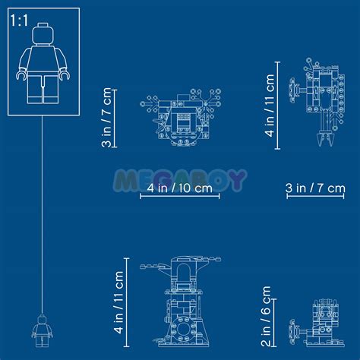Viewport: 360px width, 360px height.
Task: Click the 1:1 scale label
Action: click(x=19, y=21)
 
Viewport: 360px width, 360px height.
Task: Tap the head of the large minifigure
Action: click(x=43, y=34)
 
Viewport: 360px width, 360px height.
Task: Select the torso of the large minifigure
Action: click(x=43, y=59)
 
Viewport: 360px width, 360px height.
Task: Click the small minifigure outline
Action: click(x=42, y=330)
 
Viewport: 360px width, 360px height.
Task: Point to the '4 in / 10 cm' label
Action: click(x=180, y=188)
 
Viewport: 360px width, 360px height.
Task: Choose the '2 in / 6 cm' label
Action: click(x=266, y=316)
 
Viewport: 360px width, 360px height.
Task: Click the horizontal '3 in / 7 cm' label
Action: click(x=315, y=188)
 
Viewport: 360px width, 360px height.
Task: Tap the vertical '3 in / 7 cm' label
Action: click(x=106, y=118)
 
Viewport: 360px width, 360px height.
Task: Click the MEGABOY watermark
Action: click(x=180, y=180)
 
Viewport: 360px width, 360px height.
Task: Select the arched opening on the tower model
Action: click(x=184, y=273)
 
